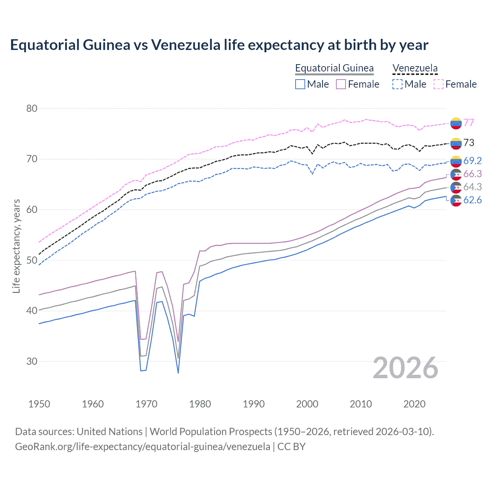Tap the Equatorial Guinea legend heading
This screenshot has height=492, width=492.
coord(334,68)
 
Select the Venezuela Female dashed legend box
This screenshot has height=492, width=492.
coord(439,84)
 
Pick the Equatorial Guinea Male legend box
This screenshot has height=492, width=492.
coord(300,84)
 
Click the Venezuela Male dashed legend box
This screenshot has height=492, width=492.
coord(397,84)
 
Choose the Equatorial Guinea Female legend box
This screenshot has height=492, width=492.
coord(341,84)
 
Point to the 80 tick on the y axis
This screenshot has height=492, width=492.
coord(32,108)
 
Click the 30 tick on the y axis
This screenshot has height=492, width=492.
coord(32,361)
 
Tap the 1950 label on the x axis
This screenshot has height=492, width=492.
coord(39,404)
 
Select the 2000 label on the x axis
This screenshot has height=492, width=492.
coord(307,404)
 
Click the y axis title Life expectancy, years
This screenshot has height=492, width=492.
coord(17,246)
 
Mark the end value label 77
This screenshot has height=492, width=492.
coord(469,123)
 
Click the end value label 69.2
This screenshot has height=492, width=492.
coord(472,161)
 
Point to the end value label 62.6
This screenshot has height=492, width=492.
coord(472,200)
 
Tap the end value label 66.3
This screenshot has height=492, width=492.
coord(472,174)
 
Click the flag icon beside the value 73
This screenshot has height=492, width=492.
coord(456,143)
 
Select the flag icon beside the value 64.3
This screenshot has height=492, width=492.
coord(456,187)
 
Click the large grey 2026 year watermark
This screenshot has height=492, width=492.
coord(406,368)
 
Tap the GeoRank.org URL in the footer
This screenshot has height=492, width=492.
coord(142,447)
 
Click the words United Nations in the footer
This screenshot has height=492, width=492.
coord(110,432)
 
